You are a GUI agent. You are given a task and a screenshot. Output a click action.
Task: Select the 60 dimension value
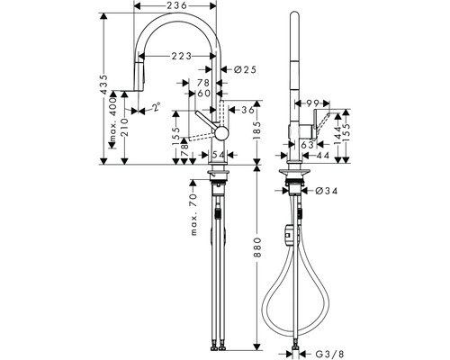[x=204, y=93]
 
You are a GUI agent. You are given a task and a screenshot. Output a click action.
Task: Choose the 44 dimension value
[x=323, y=156]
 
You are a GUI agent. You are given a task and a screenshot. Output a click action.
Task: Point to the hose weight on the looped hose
[x=288, y=233]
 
